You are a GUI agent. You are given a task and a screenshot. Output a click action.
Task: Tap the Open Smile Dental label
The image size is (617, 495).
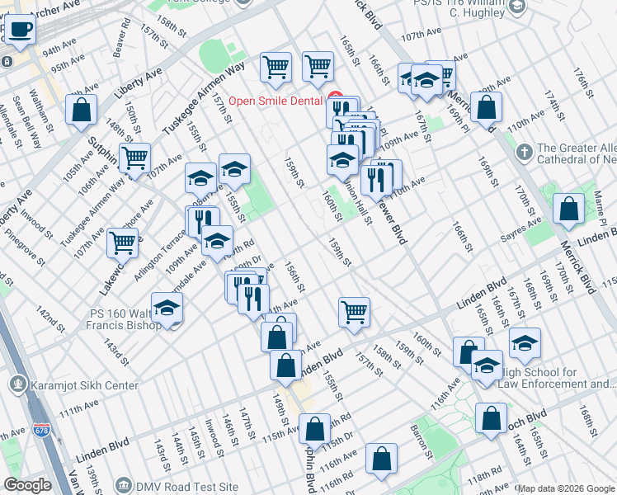[275, 101]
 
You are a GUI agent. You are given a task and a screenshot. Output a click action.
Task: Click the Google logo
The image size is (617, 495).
[27, 485]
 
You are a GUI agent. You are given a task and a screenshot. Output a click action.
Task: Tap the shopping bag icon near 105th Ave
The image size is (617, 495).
[82, 111]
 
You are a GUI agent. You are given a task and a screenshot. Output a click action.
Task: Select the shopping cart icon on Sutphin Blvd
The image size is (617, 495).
[134, 158]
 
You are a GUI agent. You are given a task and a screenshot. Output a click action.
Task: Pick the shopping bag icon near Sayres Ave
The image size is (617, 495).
[569, 210]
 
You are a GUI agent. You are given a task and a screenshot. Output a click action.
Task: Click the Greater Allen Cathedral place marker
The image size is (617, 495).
[525, 153]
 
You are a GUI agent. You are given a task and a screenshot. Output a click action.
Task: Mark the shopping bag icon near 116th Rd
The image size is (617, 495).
[381, 460]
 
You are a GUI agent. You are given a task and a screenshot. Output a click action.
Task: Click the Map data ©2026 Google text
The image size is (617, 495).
[565, 488]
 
